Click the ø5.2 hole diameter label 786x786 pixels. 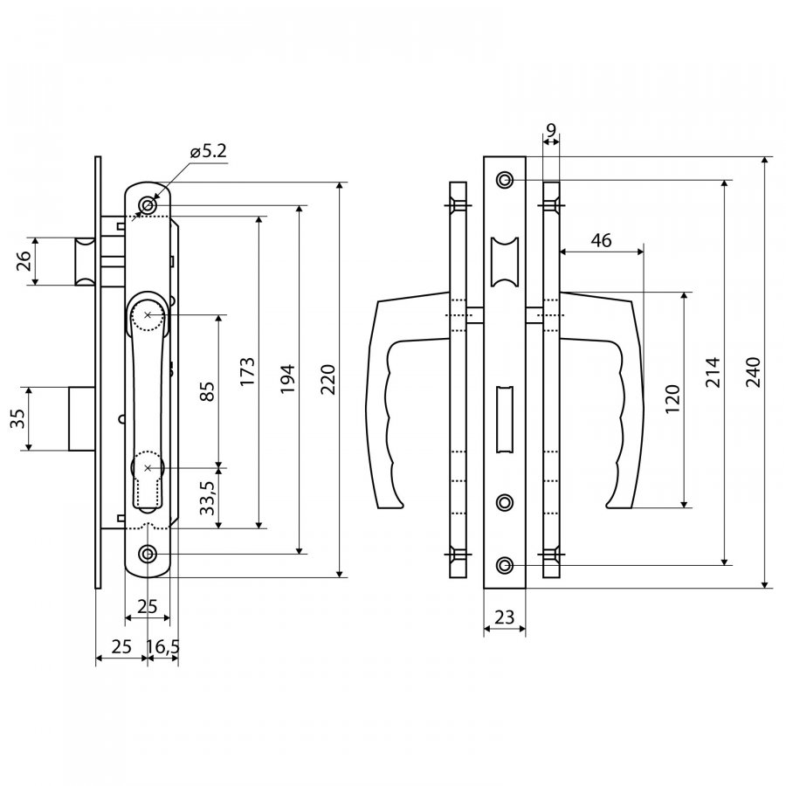coord(209,151)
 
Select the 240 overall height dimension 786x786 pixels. coord(754,372)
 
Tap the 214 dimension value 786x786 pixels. coord(713,372)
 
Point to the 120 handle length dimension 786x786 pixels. coord(672,398)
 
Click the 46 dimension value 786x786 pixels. coord(602,241)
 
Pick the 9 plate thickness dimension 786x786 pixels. coord(551,130)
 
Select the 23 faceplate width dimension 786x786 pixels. coord(504,617)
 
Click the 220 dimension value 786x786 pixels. coord(327,380)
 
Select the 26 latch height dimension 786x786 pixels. coord(24,261)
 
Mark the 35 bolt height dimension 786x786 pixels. coord(17,418)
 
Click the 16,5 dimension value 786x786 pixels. coord(163,646)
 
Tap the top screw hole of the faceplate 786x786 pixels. coord(505,179)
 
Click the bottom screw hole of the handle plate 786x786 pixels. coord(148,555)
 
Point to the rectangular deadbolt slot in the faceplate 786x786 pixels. coord(505,419)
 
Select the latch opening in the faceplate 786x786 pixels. coord(505,262)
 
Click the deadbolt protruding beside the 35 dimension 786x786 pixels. coord(82,418)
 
